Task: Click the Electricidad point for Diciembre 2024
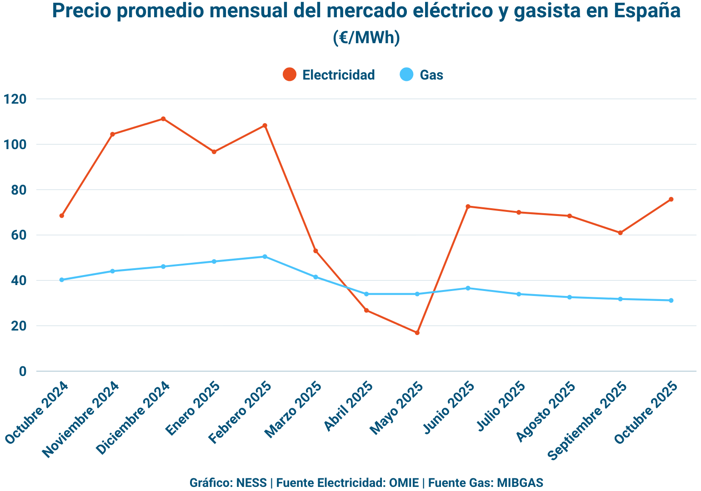163,119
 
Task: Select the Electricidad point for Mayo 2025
417,333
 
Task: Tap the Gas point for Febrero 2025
265,257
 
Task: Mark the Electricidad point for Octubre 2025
671,200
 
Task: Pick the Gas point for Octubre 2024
62,280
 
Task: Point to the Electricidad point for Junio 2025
468,207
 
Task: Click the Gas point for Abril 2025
366,294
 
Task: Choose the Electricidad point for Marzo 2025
315,251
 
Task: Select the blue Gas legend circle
406,75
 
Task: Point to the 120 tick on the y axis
15,99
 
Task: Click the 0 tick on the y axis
23,371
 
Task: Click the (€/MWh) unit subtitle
366,38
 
